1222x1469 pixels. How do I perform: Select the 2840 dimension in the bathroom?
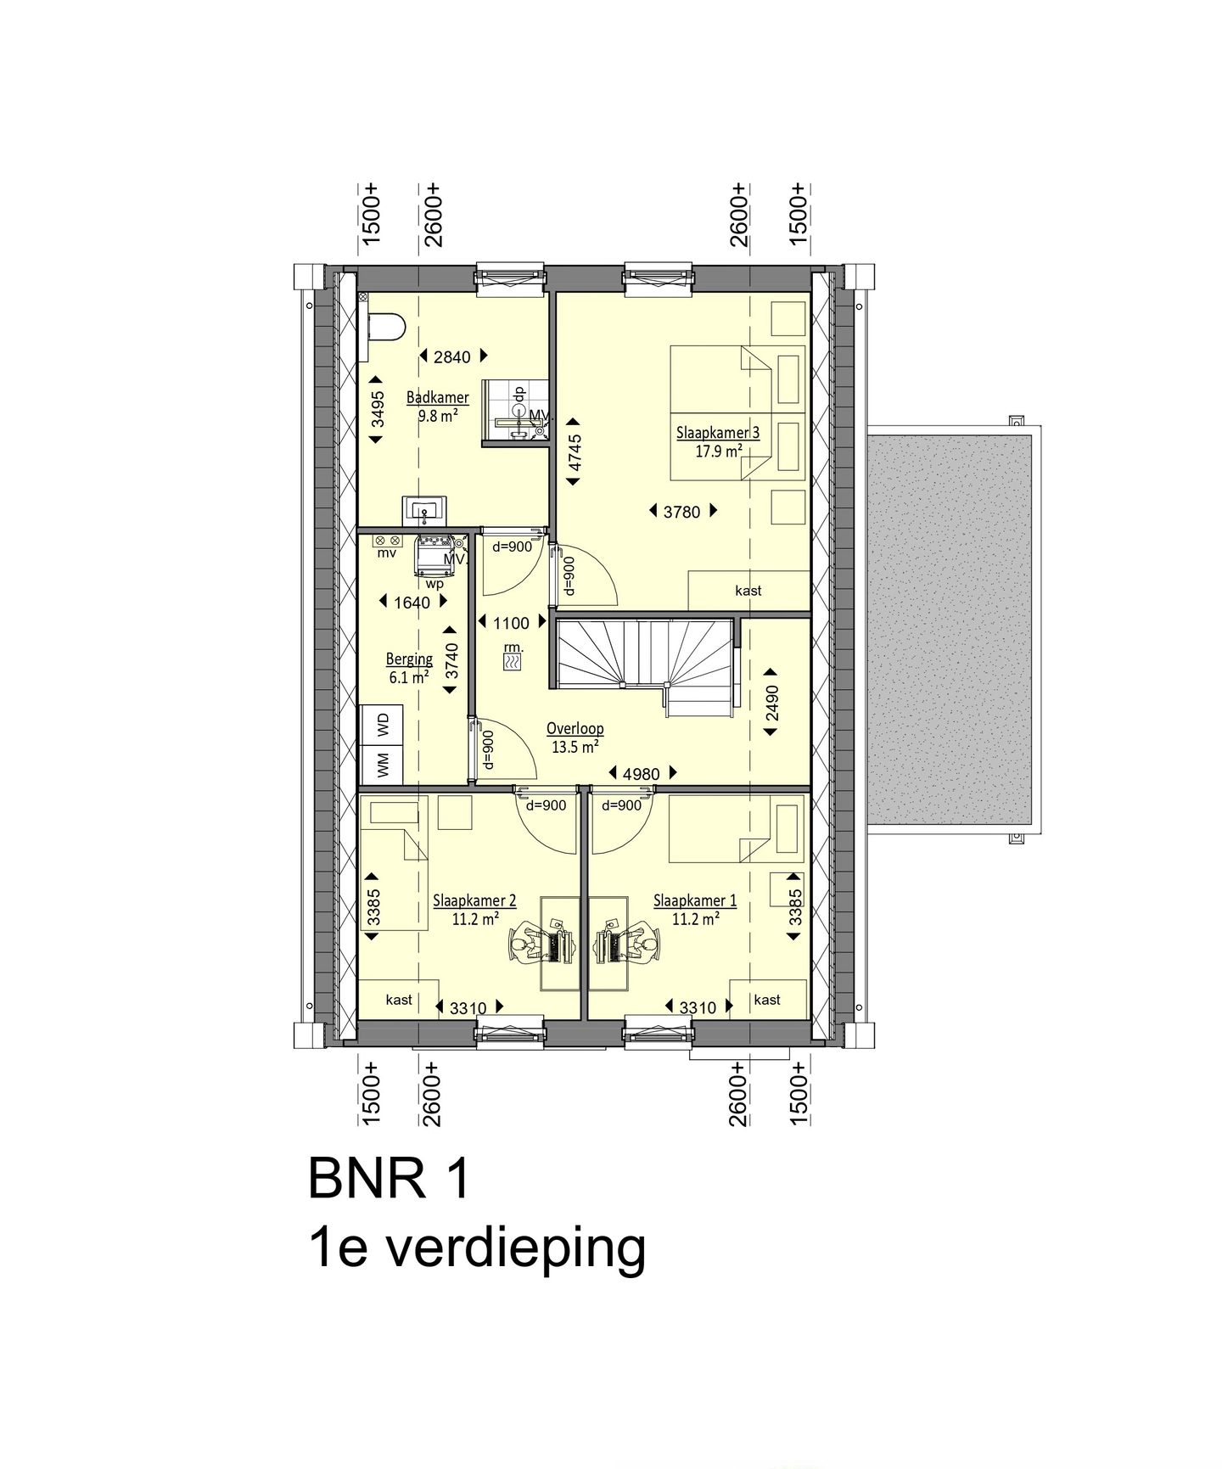[x=451, y=357]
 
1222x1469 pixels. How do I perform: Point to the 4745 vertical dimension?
[x=574, y=452]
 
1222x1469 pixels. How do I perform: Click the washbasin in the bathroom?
[x=423, y=511]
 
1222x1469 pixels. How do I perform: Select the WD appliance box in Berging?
[x=382, y=726]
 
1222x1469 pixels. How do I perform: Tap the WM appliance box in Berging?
[x=382, y=765]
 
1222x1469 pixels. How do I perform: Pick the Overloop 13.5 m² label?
[x=575, y=737]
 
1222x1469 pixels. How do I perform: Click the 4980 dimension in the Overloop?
[x=641, y=774]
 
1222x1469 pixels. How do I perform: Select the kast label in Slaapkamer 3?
[x=748, y=591]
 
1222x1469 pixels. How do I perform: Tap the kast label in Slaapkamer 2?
[x=398, y=1000]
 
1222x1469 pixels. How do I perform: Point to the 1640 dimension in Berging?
[x=412, y=603]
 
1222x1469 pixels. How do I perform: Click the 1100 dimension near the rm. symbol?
[x=511, y=624]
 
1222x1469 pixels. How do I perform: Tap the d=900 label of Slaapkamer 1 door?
[x=621, y=805]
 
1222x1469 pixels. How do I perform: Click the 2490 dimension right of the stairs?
[x=772, y=703]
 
